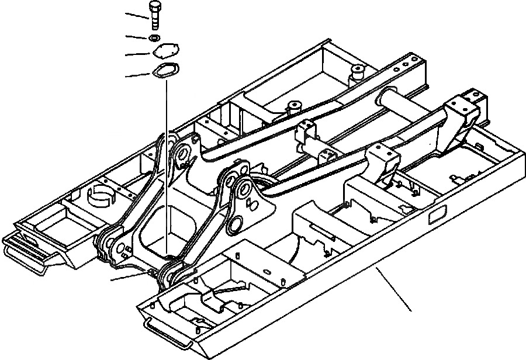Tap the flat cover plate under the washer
[x=165, y=53]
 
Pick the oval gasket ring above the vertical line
[x=165, y=71]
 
